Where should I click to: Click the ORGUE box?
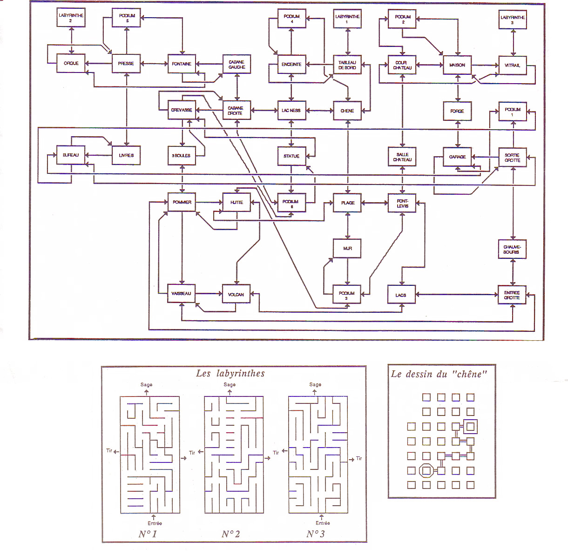tap(71, 63)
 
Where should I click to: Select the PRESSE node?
tap(126, 63)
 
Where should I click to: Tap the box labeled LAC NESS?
tap(291, 111)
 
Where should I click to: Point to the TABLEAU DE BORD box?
tap(347, 65)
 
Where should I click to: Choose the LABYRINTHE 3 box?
tap(513, 20)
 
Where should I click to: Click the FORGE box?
tap(457, 111)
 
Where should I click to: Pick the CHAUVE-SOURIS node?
tap(512, 249)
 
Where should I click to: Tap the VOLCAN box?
tap(236, 294)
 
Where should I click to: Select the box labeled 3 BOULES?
tap(182, 156)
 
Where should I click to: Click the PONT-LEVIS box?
tap(403, 204)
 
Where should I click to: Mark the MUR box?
tap(347, 249)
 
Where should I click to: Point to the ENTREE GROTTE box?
tap(512, 295)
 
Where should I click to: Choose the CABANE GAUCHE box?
tap(237, 65)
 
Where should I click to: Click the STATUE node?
tap(291, 156)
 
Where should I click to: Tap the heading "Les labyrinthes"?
tap(230, 373)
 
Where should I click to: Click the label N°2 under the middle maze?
tap(231, 534)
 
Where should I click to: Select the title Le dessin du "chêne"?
tap(439, 374)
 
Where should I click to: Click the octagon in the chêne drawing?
tap(426, 471)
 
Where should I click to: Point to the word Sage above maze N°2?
tap(230, 385)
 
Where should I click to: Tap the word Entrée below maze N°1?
tap(155, 523)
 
